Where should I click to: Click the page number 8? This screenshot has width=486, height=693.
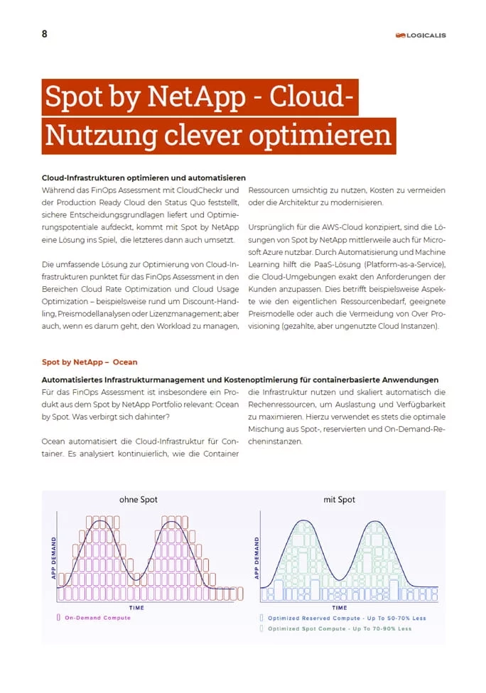45,33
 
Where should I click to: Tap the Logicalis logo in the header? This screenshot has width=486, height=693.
421,35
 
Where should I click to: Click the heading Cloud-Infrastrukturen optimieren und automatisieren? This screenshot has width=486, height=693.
144,177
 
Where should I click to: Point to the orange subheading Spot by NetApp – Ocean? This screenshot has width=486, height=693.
90,362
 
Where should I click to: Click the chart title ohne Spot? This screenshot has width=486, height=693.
139,500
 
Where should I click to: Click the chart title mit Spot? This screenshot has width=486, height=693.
339,500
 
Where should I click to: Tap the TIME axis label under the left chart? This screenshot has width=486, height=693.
136,608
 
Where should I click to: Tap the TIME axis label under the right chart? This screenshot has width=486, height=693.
340,608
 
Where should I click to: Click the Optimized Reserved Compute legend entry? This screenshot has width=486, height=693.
346,618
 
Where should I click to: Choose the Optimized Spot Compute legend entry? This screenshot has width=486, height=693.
339,629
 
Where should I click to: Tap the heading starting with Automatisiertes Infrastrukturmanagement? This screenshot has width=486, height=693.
239,380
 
